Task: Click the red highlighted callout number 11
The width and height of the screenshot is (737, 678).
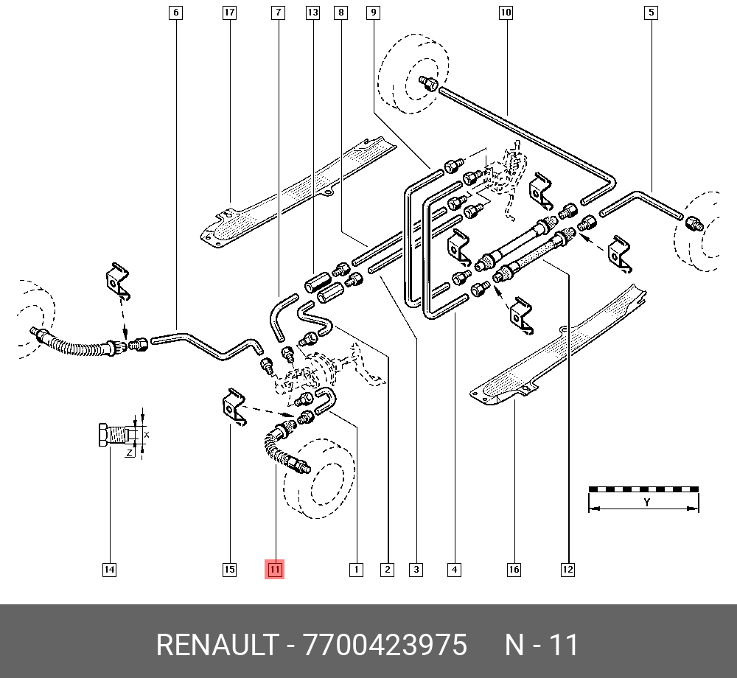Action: click(x=274, y=570)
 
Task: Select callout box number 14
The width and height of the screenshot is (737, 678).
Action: click(x=109, y=570)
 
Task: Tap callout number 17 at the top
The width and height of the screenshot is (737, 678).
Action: click(x=229, y=13)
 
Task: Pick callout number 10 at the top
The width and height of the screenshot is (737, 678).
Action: click(x=506, y=13)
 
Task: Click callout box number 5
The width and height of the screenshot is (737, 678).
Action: click(x=651, y=13)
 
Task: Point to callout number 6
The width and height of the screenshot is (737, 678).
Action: click(x=176, y=13)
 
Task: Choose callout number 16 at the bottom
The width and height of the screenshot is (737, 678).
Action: click(x=514, y=570)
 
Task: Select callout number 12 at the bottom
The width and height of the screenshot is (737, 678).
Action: click(x=567, y=570)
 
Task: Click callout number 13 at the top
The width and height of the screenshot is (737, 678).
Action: click(x=312, y=13)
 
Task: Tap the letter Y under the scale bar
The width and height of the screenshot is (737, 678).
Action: click(x=647, y=503)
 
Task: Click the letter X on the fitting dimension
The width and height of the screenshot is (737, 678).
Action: click(x=146, y=435)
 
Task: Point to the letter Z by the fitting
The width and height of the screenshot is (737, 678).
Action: click(x=129, y=453)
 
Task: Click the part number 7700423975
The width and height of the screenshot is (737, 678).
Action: click(x=385, y=645)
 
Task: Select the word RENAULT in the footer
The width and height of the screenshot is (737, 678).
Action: click(x=217, y=645)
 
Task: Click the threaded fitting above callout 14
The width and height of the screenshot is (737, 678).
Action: click(x=113, y=435)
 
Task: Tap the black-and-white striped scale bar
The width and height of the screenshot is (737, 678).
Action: click(x=643, y=489)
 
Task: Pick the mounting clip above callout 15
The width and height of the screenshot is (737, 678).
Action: click(x=233, y=407)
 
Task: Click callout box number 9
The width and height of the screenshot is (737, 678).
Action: click(x=373, y=13)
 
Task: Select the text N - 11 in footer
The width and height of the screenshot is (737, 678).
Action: click(x=542, y=645)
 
